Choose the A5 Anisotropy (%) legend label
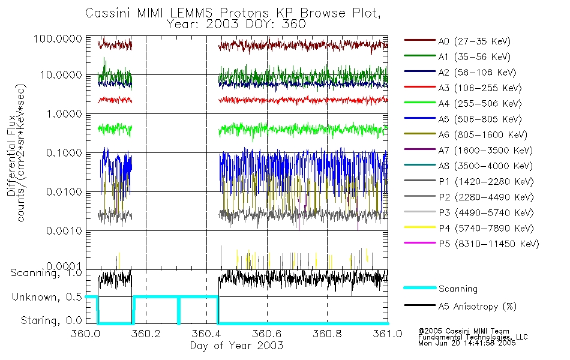[478, 307]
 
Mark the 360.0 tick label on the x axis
[86, 334]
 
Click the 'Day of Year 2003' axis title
[236, 346]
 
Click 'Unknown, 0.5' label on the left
[46, 297]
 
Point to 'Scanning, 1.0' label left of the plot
[46, 273]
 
